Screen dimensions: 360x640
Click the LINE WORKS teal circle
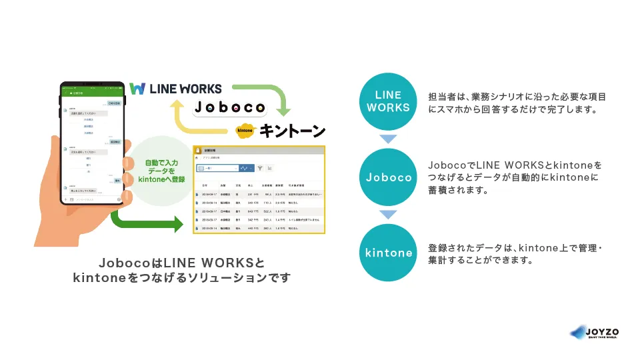pyautogui.click(x=388, y=101)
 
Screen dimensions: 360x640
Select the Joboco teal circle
pyautogui.click(x=388, y=177)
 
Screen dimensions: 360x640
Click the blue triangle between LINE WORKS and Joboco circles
pyautogui.click(x=388, y=139)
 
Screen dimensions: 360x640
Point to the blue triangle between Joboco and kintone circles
pyautogui.click(x=388, y=215)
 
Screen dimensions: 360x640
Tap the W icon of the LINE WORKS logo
pyautogui.click(x=137, y=89)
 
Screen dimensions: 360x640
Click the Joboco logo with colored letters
pyautogui.click(x=229, y=107)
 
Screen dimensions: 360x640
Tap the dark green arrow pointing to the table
pyautogui.click(x=147, y=222)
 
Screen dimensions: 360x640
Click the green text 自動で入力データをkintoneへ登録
pyautogui.click(x=161, y=170)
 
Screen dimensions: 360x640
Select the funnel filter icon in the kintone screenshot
pyautogui.click(x=261, y=169)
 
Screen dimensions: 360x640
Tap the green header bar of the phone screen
pyautogui.click(x=93, y=93)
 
